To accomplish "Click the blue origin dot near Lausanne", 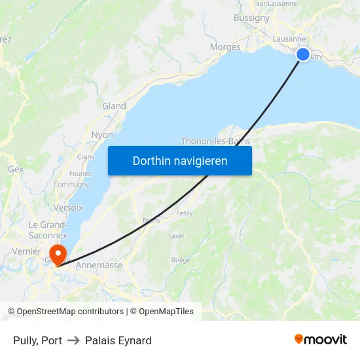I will pos(303,54).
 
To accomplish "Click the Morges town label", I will pos(225,47).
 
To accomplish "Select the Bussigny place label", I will pos(251,18).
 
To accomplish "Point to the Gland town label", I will pos(114,106).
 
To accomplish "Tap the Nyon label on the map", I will pos(102,135).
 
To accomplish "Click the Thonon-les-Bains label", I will pos(215,141).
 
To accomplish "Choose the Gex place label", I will pos(16,169).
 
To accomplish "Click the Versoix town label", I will pos(69,207).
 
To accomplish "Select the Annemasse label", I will pos(99,265).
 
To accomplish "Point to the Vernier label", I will pos(26,251).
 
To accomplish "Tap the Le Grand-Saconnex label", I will pos(48,230).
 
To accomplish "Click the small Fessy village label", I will pos(185,213).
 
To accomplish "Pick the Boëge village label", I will pos(181,260).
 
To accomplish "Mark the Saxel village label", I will pos(176,236).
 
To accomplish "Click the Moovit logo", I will pos(321,339).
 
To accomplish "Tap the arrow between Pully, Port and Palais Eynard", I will pos(73,340).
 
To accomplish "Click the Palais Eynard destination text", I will pos(118,340).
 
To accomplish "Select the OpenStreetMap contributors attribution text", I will pos(70,312).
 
